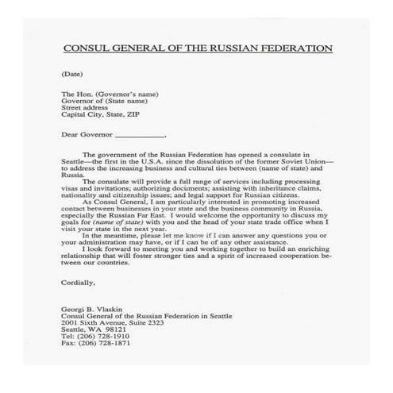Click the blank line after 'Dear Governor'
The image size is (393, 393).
[x=141, y=135]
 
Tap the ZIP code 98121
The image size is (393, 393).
[x=119, y=324]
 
